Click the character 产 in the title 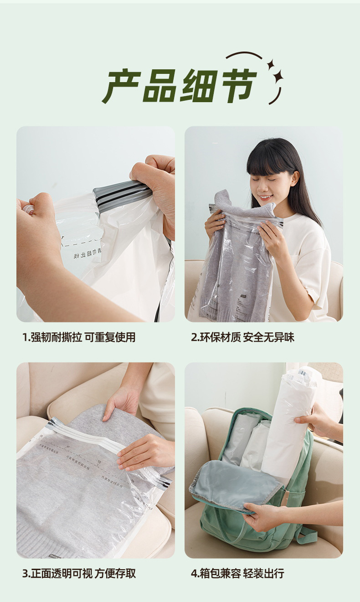pos(120,86)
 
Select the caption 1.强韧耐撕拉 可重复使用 pos(79,337)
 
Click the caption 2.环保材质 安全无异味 pos(242,337)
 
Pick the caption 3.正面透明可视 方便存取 pos(79,573)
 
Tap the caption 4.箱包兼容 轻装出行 pos(237,573)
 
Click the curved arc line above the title pos(244,55)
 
